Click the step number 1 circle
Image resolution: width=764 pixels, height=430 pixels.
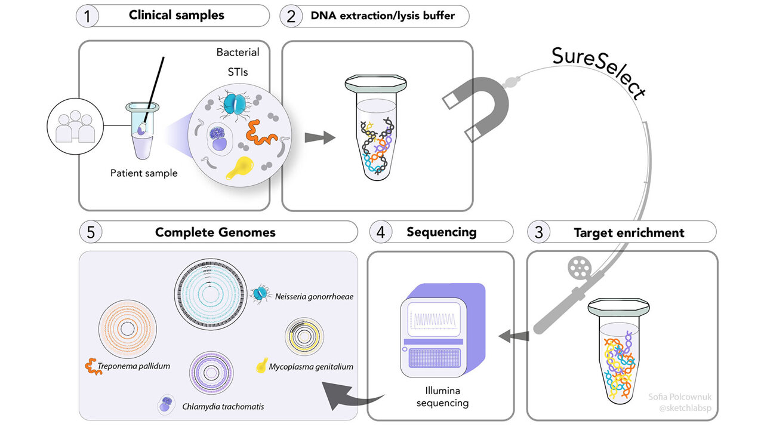pos(87,16)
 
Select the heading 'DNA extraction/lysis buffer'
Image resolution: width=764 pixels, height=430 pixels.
pos(383,16)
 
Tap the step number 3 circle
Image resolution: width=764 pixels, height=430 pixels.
pos(539,232)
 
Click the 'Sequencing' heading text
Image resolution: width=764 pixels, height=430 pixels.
pos(442,232)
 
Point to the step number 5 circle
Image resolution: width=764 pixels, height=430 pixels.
pos(91,232)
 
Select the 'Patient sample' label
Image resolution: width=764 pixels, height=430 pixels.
pos(144,173)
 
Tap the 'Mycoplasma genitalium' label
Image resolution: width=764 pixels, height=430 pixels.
pos(310,366)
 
